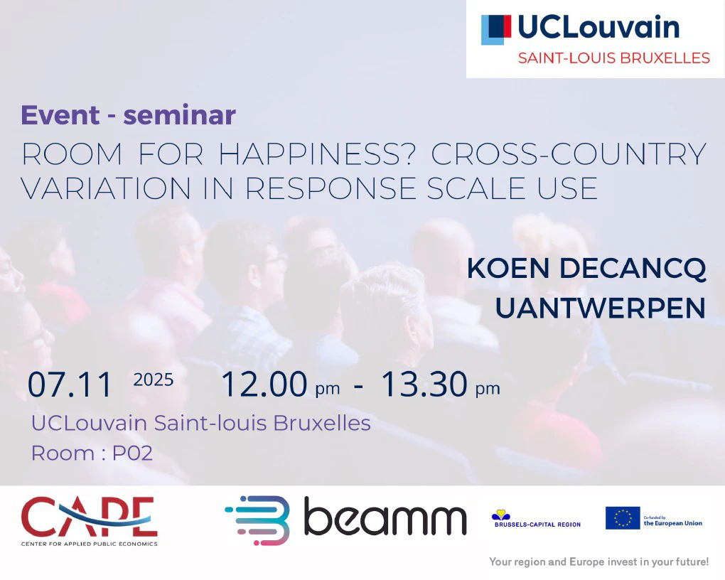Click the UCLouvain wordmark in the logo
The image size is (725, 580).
(x=598, y=27)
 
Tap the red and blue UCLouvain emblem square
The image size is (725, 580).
(x=496, y=30)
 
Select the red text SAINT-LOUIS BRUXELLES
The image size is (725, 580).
(x=613, y=58)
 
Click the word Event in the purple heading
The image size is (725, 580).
(x=60, y=115)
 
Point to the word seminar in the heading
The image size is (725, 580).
(x=179, y=116)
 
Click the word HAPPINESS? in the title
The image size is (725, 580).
(x=318, y=154)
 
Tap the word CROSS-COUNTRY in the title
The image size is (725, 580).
(x=568, y=154)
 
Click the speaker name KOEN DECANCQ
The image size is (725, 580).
(x=586, y=268)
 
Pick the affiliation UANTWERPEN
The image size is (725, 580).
(x=600, y=308)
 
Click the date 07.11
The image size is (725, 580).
(x=70, y=385)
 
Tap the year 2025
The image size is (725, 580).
(x=153, y=380)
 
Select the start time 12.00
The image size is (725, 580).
(x=264, y=384)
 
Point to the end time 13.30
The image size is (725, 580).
(x=424, y=384)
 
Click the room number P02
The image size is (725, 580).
(x=133, y=453)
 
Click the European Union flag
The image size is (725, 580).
(x=623, y=518)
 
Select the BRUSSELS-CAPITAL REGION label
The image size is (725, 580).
(x=537, y=525)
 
